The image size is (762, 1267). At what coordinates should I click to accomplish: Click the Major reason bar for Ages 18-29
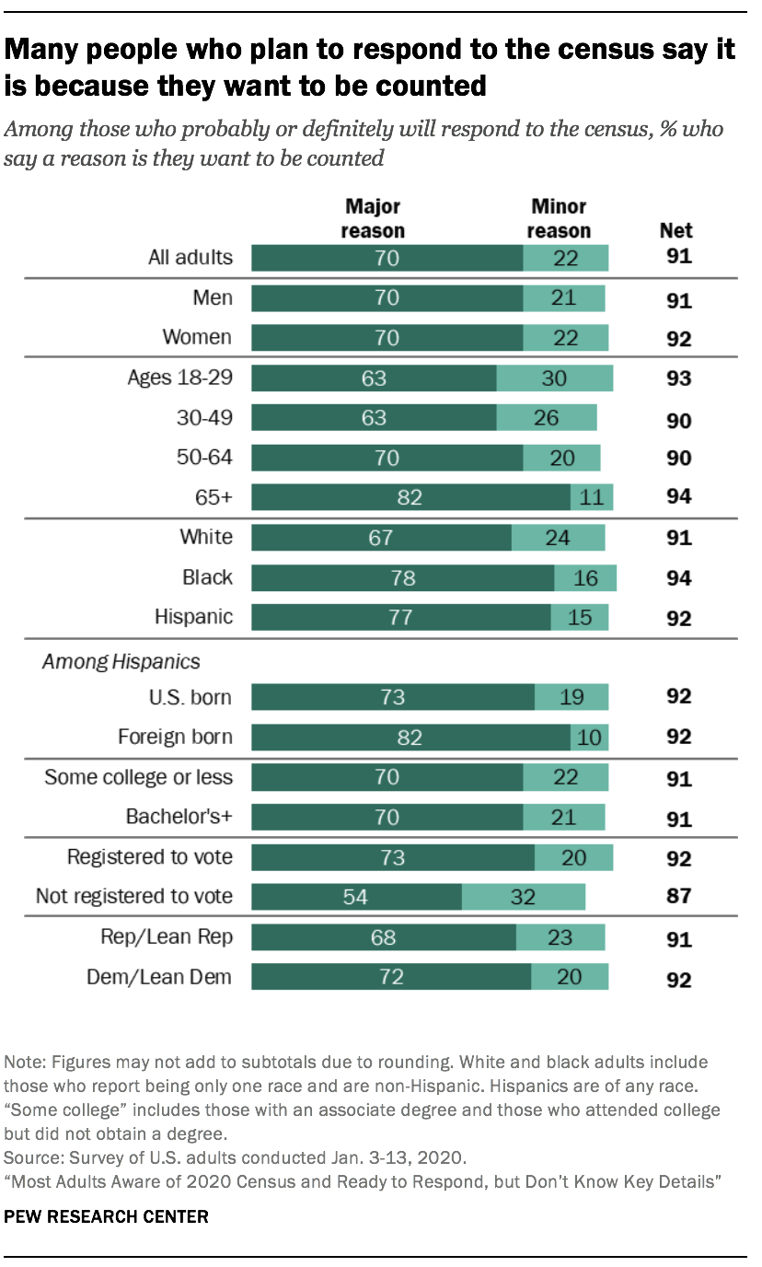(374, 378)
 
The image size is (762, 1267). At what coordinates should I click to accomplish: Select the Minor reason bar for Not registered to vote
(523, 896)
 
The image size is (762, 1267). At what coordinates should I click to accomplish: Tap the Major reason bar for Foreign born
(410, 737)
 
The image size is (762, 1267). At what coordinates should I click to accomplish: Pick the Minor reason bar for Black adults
(585, 578)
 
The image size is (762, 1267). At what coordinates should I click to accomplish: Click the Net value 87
(678, 896)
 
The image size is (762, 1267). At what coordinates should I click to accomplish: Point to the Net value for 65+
(678, 497)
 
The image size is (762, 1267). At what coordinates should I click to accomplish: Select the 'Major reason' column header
(373, 218)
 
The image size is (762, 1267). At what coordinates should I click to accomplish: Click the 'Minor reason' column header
(560, 218)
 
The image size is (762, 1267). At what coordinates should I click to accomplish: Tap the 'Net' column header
(676, 230)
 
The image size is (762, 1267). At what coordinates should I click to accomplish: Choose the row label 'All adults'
(190, 257)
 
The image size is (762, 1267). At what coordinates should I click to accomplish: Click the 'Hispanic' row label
(195, 616)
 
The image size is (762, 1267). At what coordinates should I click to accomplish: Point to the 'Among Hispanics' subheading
(121, 661)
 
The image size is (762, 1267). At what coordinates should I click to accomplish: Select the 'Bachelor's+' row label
(179, 817)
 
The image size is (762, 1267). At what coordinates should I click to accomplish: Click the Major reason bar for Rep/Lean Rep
(383, 937)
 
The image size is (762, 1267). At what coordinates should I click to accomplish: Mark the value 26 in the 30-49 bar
(546, 419)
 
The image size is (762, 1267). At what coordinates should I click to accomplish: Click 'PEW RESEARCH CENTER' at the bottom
(107, 1216)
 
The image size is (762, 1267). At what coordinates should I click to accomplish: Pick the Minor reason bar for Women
(565, 338)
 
